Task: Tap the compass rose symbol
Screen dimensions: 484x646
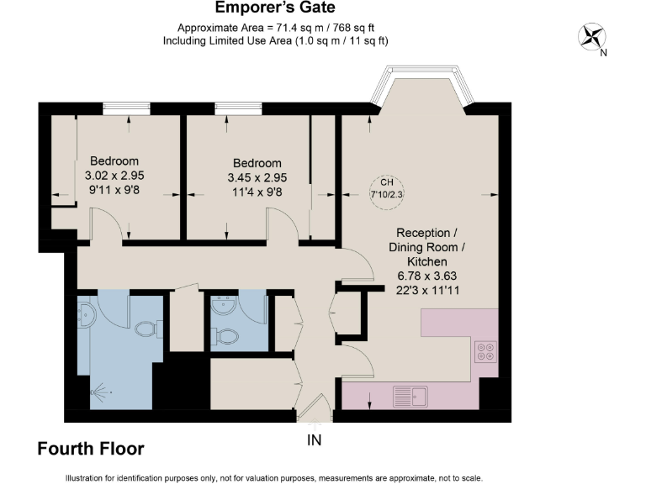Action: pyautogui.click(x=592, y=36)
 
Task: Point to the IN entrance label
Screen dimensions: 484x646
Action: pyautogui.click(x=314, y=439)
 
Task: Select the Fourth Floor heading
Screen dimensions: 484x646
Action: pyautogui.click(x=91, y=450)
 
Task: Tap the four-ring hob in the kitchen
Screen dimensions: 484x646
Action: pyautogui.click(x=486, y=350)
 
